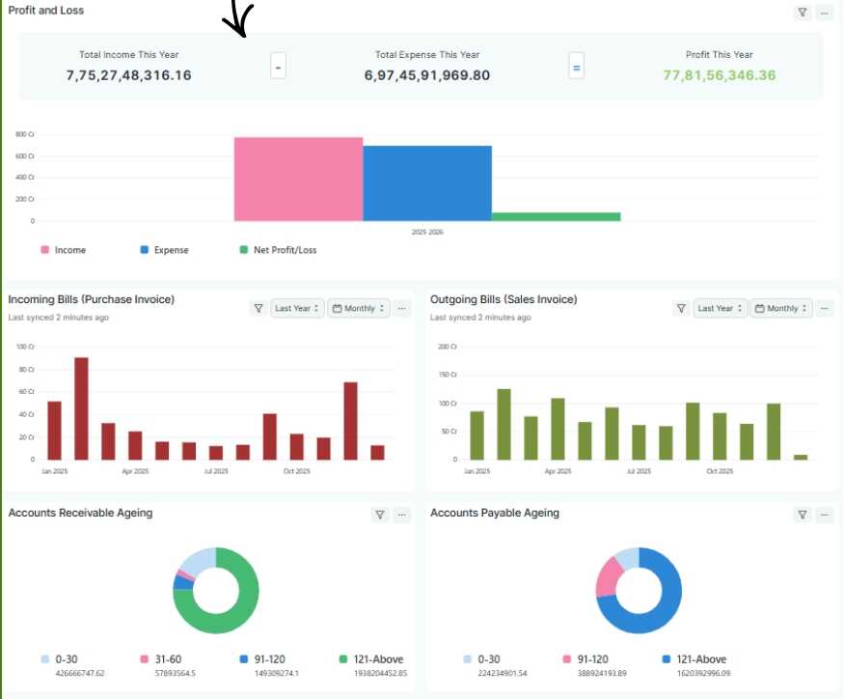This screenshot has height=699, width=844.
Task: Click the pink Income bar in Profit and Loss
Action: click(298, 179)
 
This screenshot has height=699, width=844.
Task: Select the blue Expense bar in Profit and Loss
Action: click(427, 183)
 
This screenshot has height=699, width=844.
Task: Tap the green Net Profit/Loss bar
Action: click(556, 216)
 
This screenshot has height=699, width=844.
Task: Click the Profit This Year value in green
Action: click(720, 75)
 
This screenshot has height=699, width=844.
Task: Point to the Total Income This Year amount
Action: click(128, 75)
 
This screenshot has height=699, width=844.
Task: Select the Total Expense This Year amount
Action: click(427, 75)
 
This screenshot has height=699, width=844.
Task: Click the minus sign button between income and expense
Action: click(278, 67)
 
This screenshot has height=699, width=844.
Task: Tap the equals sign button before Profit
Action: click(577, 67)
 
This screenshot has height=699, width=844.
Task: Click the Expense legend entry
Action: click(165, 250)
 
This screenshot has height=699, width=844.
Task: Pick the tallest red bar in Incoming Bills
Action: click(81, 408)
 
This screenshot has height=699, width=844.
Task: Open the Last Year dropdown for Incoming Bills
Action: click(297, 308)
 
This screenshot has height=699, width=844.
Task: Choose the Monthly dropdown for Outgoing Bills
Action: click(781, 308)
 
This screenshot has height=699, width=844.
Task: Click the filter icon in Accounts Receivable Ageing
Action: click(380, 515)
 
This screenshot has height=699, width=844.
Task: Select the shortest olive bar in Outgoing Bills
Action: click(801, 458)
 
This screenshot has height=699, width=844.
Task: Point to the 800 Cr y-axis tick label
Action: click(25, 134)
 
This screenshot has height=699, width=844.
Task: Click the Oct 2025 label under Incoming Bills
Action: click(297, 471)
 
